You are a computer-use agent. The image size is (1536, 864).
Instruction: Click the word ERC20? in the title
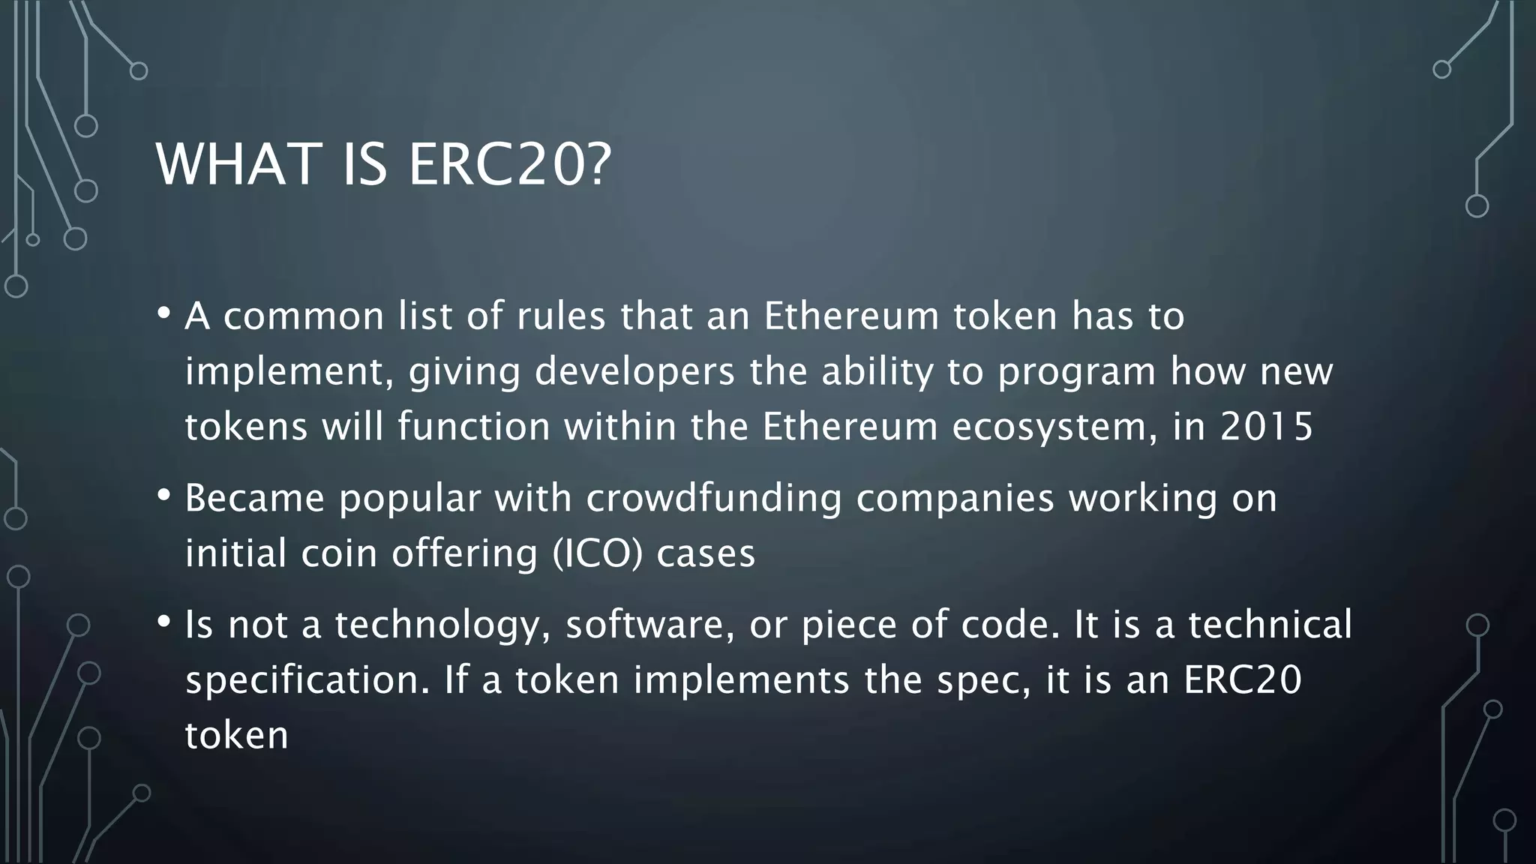tap(510, 165)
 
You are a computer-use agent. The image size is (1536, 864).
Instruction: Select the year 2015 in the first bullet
tap(1267, 427)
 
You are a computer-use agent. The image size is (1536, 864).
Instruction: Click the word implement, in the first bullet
tap(284, 372)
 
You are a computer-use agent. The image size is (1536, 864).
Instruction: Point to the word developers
tap(634, 372)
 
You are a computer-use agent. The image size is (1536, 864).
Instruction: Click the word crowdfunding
tap(714, 499)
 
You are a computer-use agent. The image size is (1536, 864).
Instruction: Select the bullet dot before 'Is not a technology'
tap(164, 622)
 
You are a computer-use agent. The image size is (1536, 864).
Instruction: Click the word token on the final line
tap(236, 735)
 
